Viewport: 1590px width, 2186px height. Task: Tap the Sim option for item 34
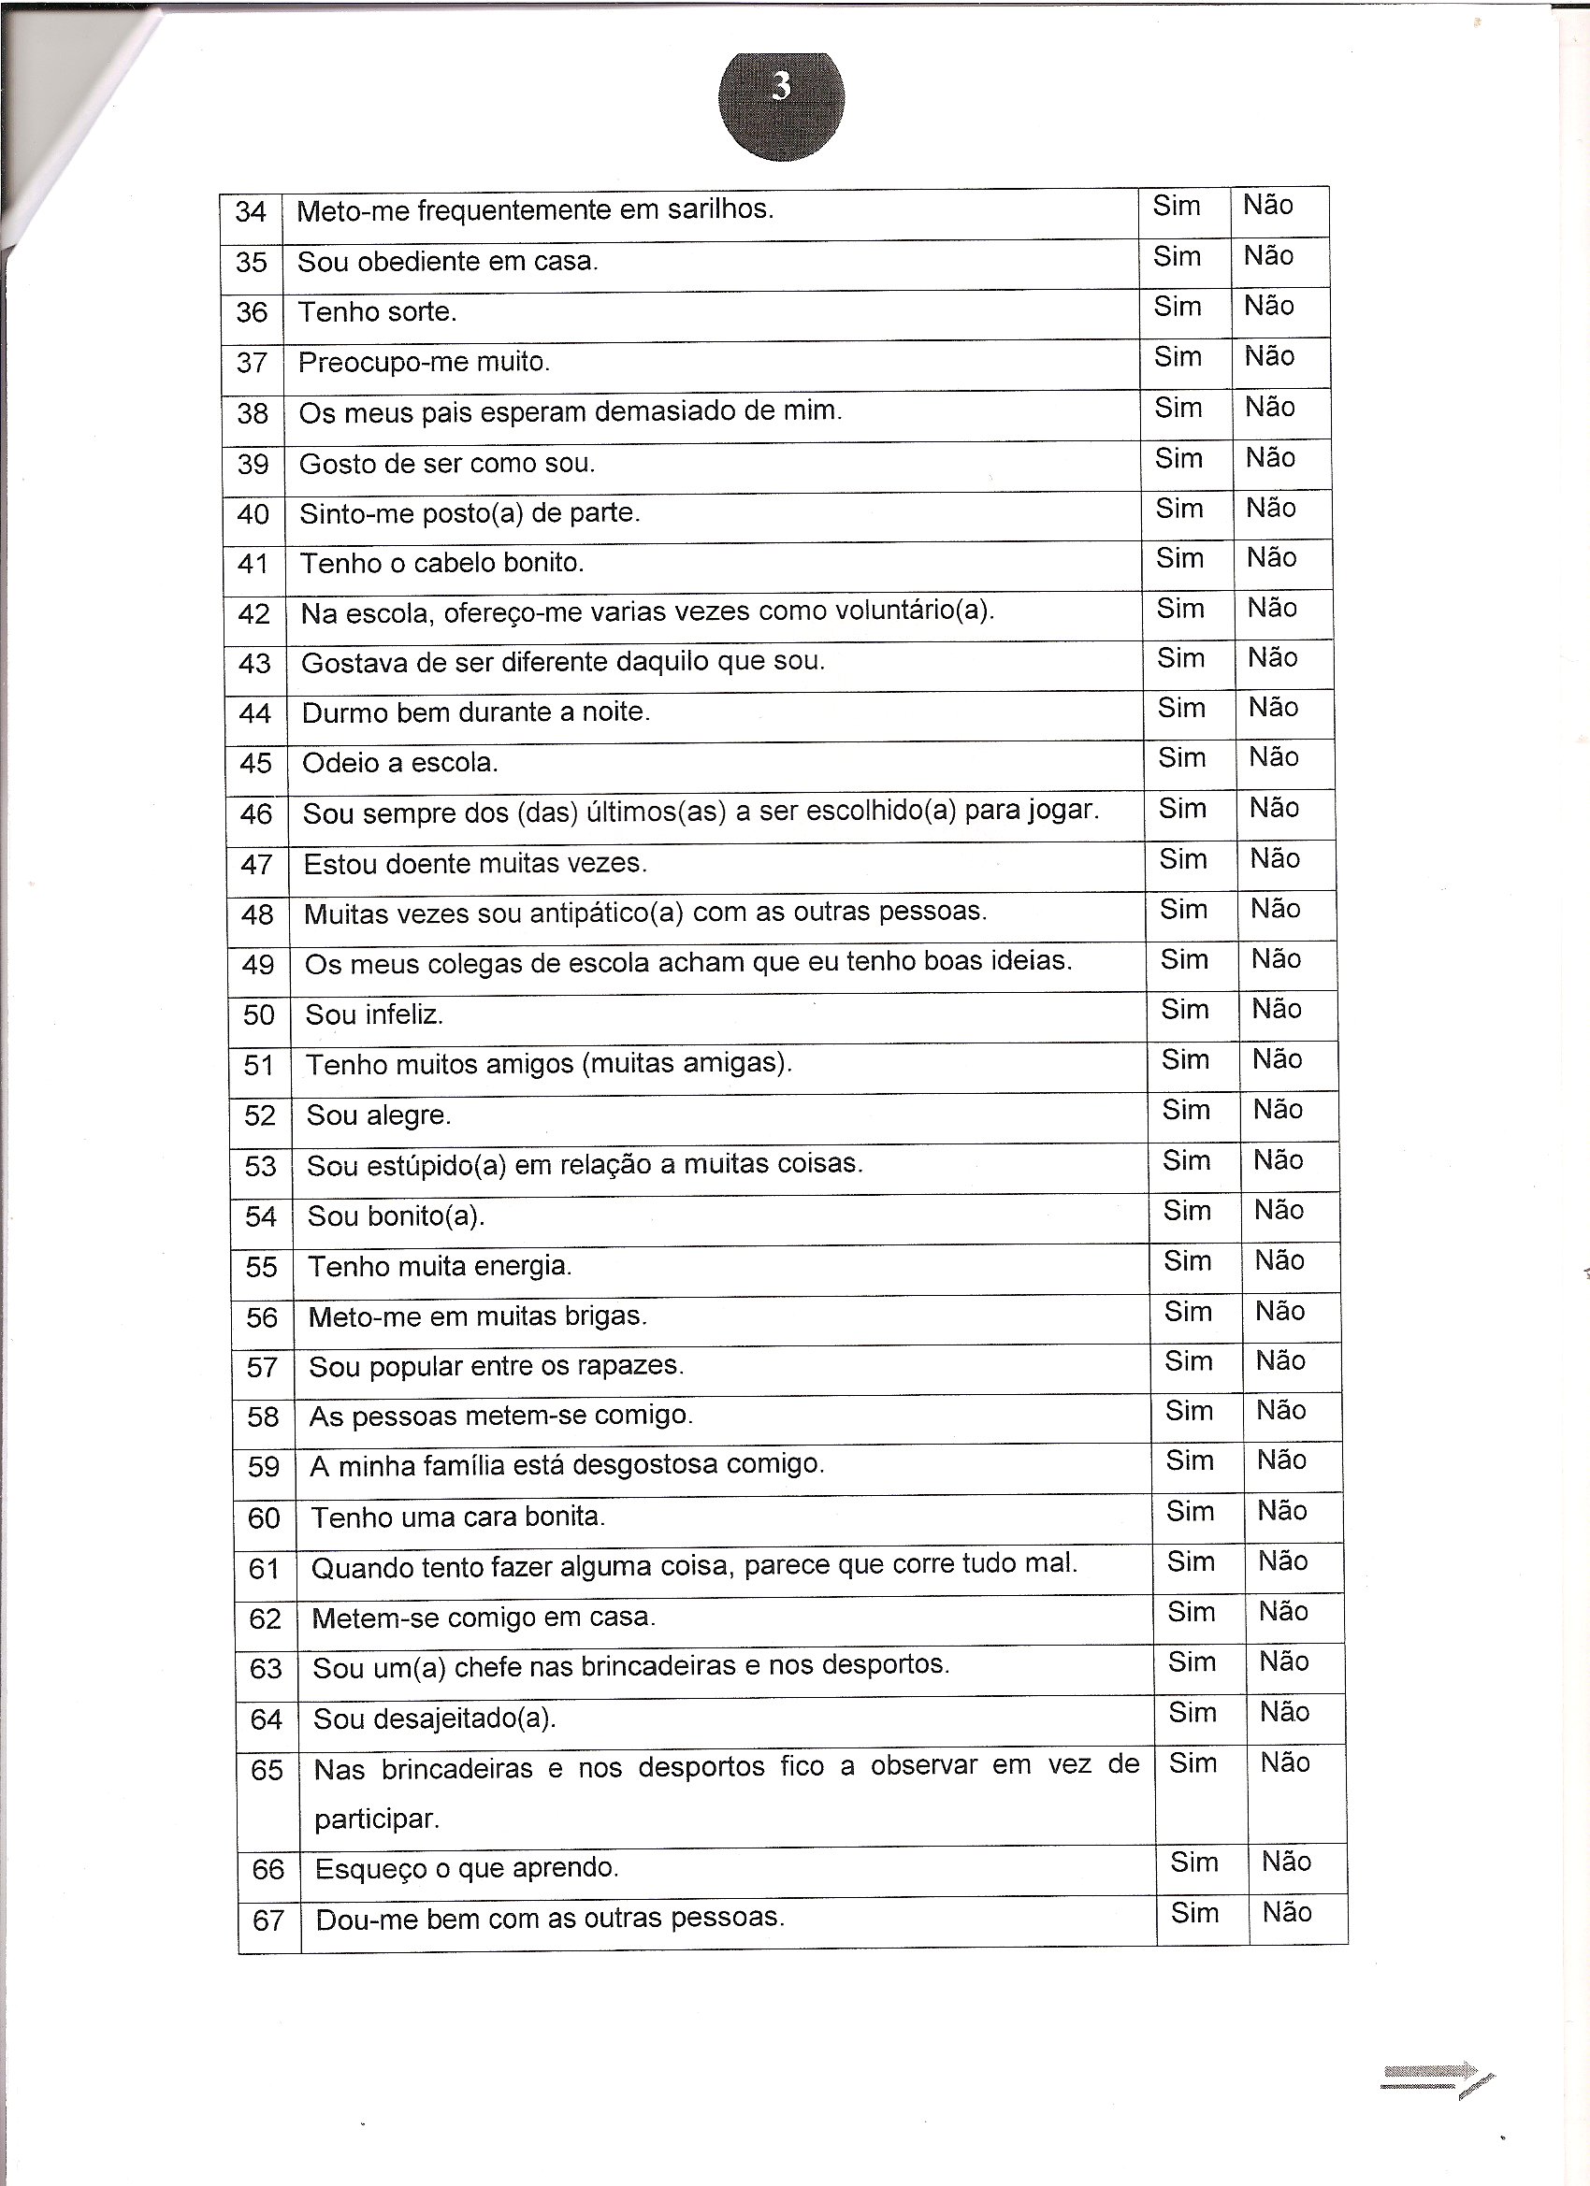(1177, 206)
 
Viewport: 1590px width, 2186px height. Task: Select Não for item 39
(1270, 458)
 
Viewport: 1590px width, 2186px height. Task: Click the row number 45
(255, 763)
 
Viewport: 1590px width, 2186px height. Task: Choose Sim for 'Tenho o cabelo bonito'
(1179, 558)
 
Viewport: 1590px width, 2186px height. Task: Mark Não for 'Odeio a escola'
(1274, 757)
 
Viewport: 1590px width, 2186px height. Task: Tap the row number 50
(258, 1015)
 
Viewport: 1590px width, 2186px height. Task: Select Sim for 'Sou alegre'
(1186, 1111)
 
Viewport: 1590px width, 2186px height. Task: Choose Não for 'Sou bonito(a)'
(1279, 1211)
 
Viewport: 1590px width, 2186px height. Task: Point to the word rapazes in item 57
(634, 1367)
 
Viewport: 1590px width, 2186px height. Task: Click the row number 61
(264, 1569)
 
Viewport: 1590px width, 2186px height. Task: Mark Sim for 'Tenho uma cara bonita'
(1190, 1511)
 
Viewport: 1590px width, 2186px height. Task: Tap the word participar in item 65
(376, 1819)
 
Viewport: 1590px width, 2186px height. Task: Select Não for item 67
(1287, 1912)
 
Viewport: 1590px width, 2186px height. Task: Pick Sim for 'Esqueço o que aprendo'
(1193, 1862)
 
